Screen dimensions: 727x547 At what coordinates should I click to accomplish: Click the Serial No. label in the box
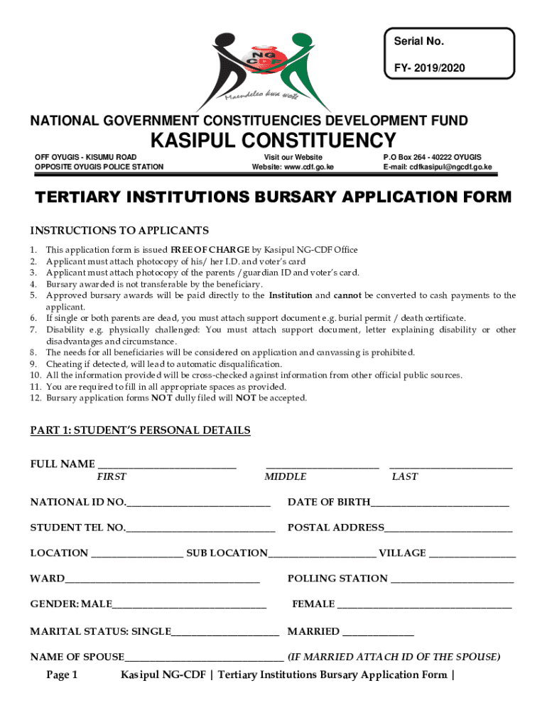coord(419,41)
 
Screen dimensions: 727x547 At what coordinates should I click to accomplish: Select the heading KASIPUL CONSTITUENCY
coord(273,139)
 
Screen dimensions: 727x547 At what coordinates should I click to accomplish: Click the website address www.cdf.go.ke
coord(292,167)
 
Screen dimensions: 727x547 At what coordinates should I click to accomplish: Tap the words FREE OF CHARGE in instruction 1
coord(210,250)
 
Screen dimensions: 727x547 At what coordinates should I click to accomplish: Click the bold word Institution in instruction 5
coord(290,295)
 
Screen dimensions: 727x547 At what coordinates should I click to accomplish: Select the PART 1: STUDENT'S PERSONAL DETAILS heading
coord(140,430)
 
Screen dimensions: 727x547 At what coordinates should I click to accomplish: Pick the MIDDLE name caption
coord(286,477)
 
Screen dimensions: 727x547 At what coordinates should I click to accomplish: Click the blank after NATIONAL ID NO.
coord(199,503)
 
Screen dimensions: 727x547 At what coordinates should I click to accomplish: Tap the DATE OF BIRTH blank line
coord(440,503)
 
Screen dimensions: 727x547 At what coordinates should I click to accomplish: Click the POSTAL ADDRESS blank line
coord(448,529)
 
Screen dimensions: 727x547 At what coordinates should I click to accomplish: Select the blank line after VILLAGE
coord(472,554)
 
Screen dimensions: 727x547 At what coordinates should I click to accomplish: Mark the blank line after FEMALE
coord(424,606)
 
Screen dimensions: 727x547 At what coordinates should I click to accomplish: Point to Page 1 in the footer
coord(62,674)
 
